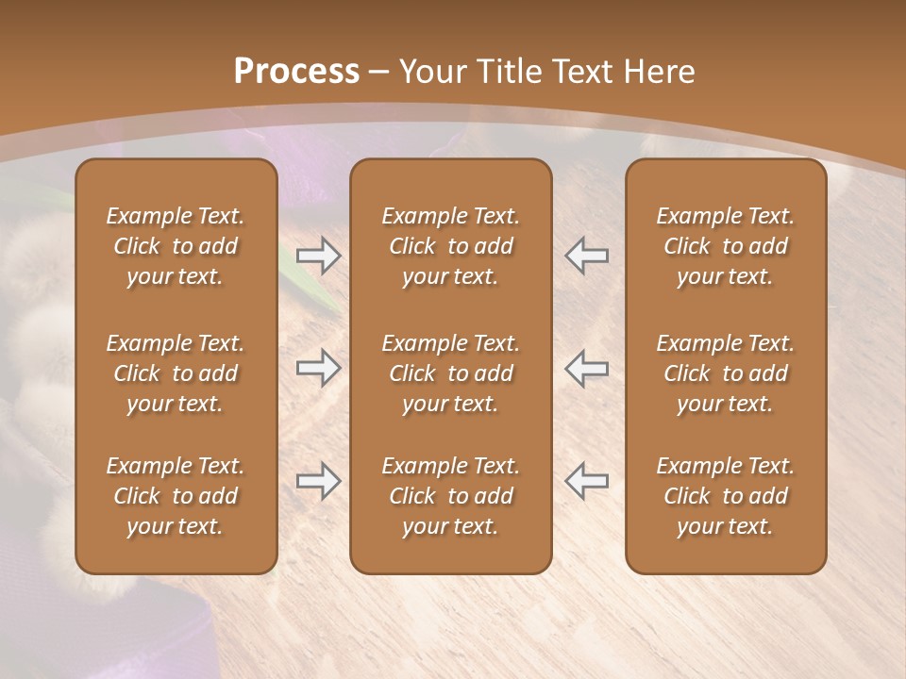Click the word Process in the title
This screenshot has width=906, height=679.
click(x=296, y=72)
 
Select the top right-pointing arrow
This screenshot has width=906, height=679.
click(x=319, y=256)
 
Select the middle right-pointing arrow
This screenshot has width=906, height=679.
click(x=319, y=368)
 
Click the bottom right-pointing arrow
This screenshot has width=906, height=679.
click(x=319, y=481)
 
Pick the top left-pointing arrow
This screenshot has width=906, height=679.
click(x=586, y=256)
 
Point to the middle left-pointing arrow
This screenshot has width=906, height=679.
click(x=586, y=368)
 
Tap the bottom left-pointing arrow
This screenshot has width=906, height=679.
click(x=586, y=481)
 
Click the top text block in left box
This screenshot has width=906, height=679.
click(x=176, y=246)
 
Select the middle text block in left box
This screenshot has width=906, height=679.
click(x=176, y=373)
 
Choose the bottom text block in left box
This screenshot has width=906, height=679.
click(x=176, y=496)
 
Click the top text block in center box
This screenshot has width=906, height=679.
click(x=451, y=246)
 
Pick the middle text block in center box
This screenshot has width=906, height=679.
click(x=451, y=373)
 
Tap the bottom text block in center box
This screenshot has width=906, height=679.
click(x=451, y=496)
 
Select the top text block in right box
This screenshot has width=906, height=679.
click(x=726, y=246)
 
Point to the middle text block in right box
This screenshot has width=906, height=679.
click(x=726, y=373)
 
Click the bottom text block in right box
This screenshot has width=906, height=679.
click(x=726, y=496)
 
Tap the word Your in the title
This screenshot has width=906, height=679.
click(x=431, y=72)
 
